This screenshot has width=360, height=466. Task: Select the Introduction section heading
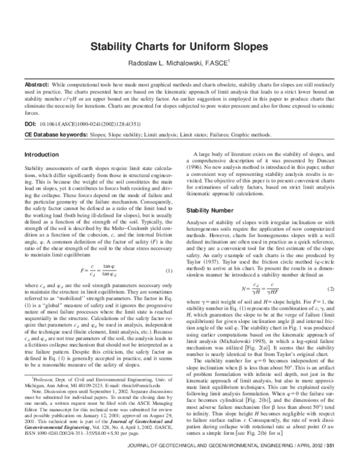click(41, 155)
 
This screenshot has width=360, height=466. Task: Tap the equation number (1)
click(169, 255)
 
